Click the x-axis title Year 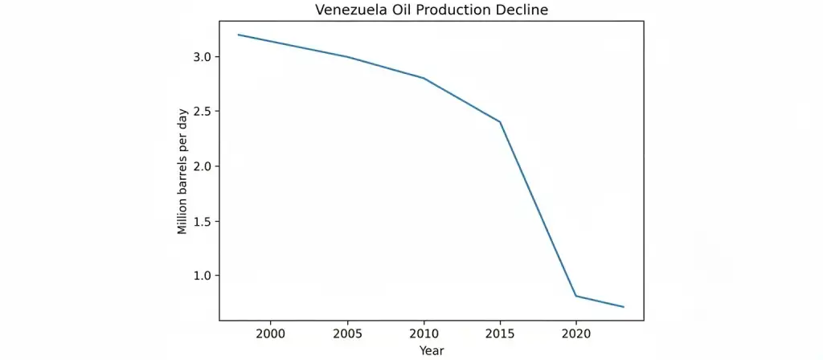pos(431,350)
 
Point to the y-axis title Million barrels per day pos(183,170)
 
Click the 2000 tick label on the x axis pos(270,333)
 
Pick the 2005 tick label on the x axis pos(346,333)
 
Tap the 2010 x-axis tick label pos(424,333)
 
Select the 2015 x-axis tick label pos(500,333)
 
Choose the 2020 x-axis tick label pos(576,333)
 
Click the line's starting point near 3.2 pos(239,35)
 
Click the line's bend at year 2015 pos(500,121)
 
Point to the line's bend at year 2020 pos(576,296)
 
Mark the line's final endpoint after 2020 pos(623,307)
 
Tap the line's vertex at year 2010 pos(424,78)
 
